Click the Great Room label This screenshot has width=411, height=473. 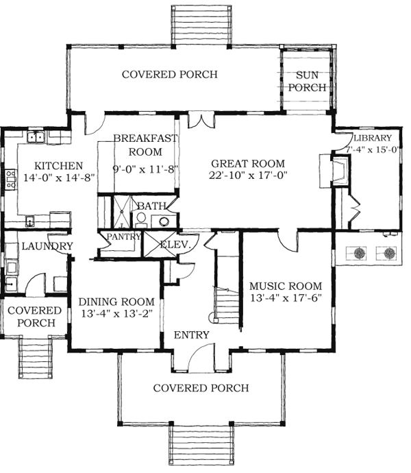pyautogui.click(x=247, y=164)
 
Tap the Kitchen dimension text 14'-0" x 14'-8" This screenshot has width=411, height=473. pyautogui.click(x=60, y=178)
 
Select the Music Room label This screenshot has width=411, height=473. pyautogui.click(x=286, y=286)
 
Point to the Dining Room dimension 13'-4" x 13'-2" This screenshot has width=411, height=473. pyautogui.click(x=116, y=313)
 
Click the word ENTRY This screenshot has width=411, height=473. pyautogui.click(x=192, y=335)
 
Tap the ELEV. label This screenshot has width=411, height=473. pyautogui.click(x=175, y=244)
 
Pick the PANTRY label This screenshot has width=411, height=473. pyautogui.click(x=124, y=236)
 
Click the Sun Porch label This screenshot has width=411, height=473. pyautogui.click(x=308, y=81)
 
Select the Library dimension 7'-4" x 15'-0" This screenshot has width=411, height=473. pyautogui.click(x=373, y=149)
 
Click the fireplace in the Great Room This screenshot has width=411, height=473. pyautogui.click(x=340, y=171)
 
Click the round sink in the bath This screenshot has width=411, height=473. pyautogui.click(x=164, y=221)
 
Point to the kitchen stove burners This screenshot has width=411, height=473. pyautogui.click(x=10, y=180)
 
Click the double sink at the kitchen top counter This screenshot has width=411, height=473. pyautogui.click(x=36, y=137)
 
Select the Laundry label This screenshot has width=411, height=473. pyautogui.click(x=47, y=246)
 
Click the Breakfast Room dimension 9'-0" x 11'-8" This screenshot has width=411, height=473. pyautogui.click(x=145, y=169)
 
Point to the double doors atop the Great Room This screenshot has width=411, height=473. pyautogui.click(x=201, y=120)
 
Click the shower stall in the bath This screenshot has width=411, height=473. pyautogui.click(x=121, y=212)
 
